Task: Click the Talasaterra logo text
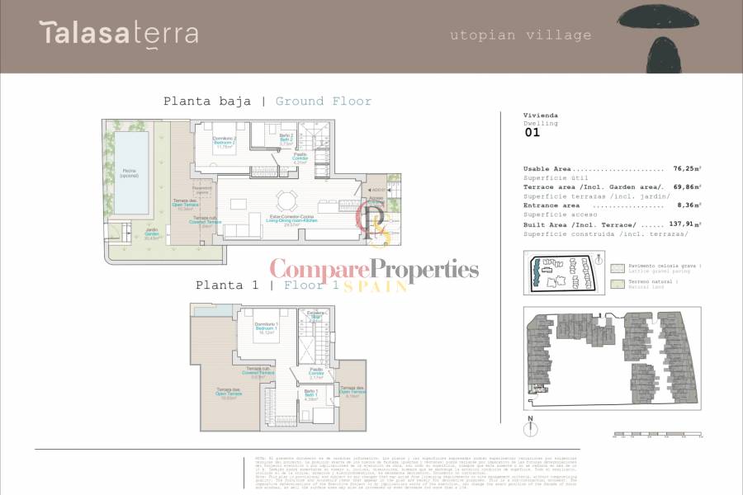(x=119, y=33)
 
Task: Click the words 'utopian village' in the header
(x=520, y=35)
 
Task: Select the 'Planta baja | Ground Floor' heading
(x=267, y=101)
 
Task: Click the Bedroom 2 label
(x=225, y=142)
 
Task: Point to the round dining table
(x=286, y=200)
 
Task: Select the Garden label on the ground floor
(x=152, y=233)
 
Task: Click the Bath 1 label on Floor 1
(x=310, y=394)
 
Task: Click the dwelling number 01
(x=532, y=132)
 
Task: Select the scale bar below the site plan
(x=655, y=435)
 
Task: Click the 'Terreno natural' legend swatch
(x=617, y=284)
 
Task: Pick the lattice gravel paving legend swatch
(x=617, y=269)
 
